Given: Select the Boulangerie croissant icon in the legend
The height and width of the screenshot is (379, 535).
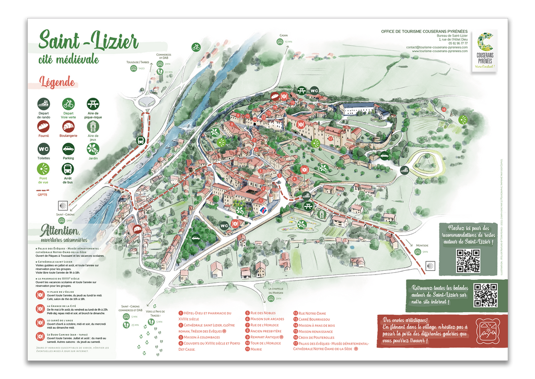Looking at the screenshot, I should pyautogui.click(x=68, y=126).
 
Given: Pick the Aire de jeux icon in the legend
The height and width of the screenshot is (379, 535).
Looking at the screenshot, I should pyautogui.click(x=93, y=126).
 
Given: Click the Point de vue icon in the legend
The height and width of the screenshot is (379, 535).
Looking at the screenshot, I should pyautogui.click(x=43, y=169).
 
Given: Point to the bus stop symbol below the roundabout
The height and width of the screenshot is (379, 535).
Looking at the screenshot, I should pyautogui.click(x=141, y=140).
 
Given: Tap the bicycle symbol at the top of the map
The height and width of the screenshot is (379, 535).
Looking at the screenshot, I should pyautogui.click(x=196, y=47).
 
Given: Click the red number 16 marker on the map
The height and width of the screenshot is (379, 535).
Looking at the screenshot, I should pyautogui.click(x=444, y=109).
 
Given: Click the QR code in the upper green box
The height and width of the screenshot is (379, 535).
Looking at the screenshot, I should pyautogui.click(x=468, y=260).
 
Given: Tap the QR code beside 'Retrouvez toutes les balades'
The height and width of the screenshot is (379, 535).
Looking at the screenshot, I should pyautogui.click(x=485, y=295).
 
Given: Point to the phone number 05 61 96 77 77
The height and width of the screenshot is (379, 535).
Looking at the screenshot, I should pyautogui.click(x=458, y=43).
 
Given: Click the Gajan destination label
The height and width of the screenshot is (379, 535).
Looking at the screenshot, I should pyautogui.click(x=283, y=36).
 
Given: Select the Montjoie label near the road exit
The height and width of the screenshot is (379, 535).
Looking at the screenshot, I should pyautogui.click(x=422, y=245).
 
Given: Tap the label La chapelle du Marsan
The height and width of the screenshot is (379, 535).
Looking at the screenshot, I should pyautogui.click(x=276, y=291).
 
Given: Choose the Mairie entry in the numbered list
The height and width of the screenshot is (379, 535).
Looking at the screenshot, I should pyautogui.click(x=255, y=349).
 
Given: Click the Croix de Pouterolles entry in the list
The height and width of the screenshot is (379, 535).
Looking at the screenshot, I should pyautogui.click(x=316, y=338).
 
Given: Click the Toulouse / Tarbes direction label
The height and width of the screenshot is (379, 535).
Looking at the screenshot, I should pyautogui.click(x=138, y=62).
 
